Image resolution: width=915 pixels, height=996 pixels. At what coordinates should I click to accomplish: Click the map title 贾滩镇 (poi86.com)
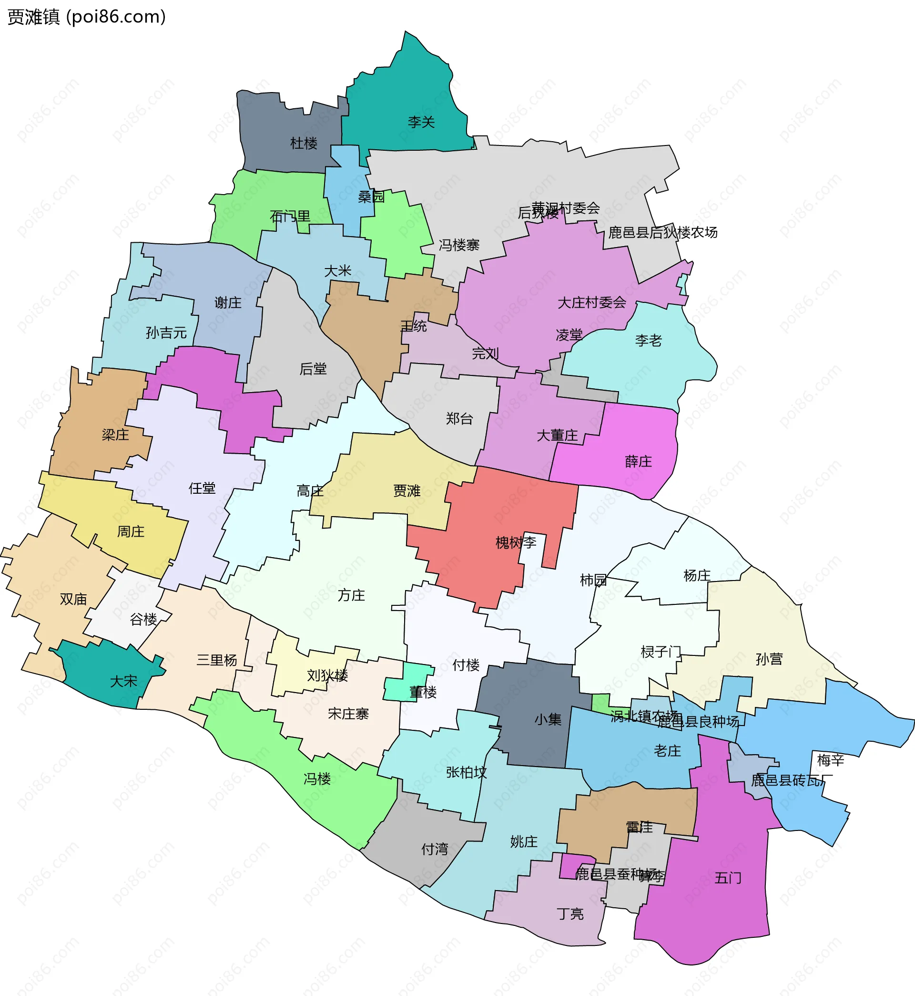tap(87, 17)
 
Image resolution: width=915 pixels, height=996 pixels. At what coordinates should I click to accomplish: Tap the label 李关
tap(421, 122)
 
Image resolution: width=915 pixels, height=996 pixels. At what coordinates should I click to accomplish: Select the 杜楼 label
tap(304, 143)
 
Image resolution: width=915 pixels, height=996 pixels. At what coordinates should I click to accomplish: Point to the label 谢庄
tap(228, 302)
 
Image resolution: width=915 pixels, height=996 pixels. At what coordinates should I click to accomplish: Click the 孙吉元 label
tap(166, 332)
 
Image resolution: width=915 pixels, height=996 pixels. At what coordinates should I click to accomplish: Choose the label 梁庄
tap(115, 435)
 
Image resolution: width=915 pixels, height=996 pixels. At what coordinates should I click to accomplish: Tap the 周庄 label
tap(131, 532)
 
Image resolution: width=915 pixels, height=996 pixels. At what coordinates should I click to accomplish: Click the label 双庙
tap(73, 599)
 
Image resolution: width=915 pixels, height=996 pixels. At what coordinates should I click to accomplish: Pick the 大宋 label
tap(123, 681)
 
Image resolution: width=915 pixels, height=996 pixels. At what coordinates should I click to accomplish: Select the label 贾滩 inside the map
tap(407, 490)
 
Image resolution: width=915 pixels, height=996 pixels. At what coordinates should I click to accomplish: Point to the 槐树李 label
tap(516, 542)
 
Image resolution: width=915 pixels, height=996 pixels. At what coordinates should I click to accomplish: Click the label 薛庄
tap(638, 461)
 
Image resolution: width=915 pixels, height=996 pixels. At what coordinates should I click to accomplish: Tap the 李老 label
tap(648, 341)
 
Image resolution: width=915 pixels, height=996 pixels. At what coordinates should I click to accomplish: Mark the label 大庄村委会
tap(592, 302)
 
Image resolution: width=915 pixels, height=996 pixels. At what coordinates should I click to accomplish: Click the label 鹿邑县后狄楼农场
tap(662, 232)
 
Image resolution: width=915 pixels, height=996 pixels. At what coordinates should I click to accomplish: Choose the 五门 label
tap(728, 878)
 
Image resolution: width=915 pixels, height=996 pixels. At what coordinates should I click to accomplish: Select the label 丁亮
tap(570, 914)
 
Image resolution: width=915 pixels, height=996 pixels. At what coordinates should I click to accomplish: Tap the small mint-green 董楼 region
tap(407, 683)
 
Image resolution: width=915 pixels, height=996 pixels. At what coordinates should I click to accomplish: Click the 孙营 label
tap(769, 659)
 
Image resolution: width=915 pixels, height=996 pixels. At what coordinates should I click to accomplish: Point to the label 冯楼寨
tap(459, 245)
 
